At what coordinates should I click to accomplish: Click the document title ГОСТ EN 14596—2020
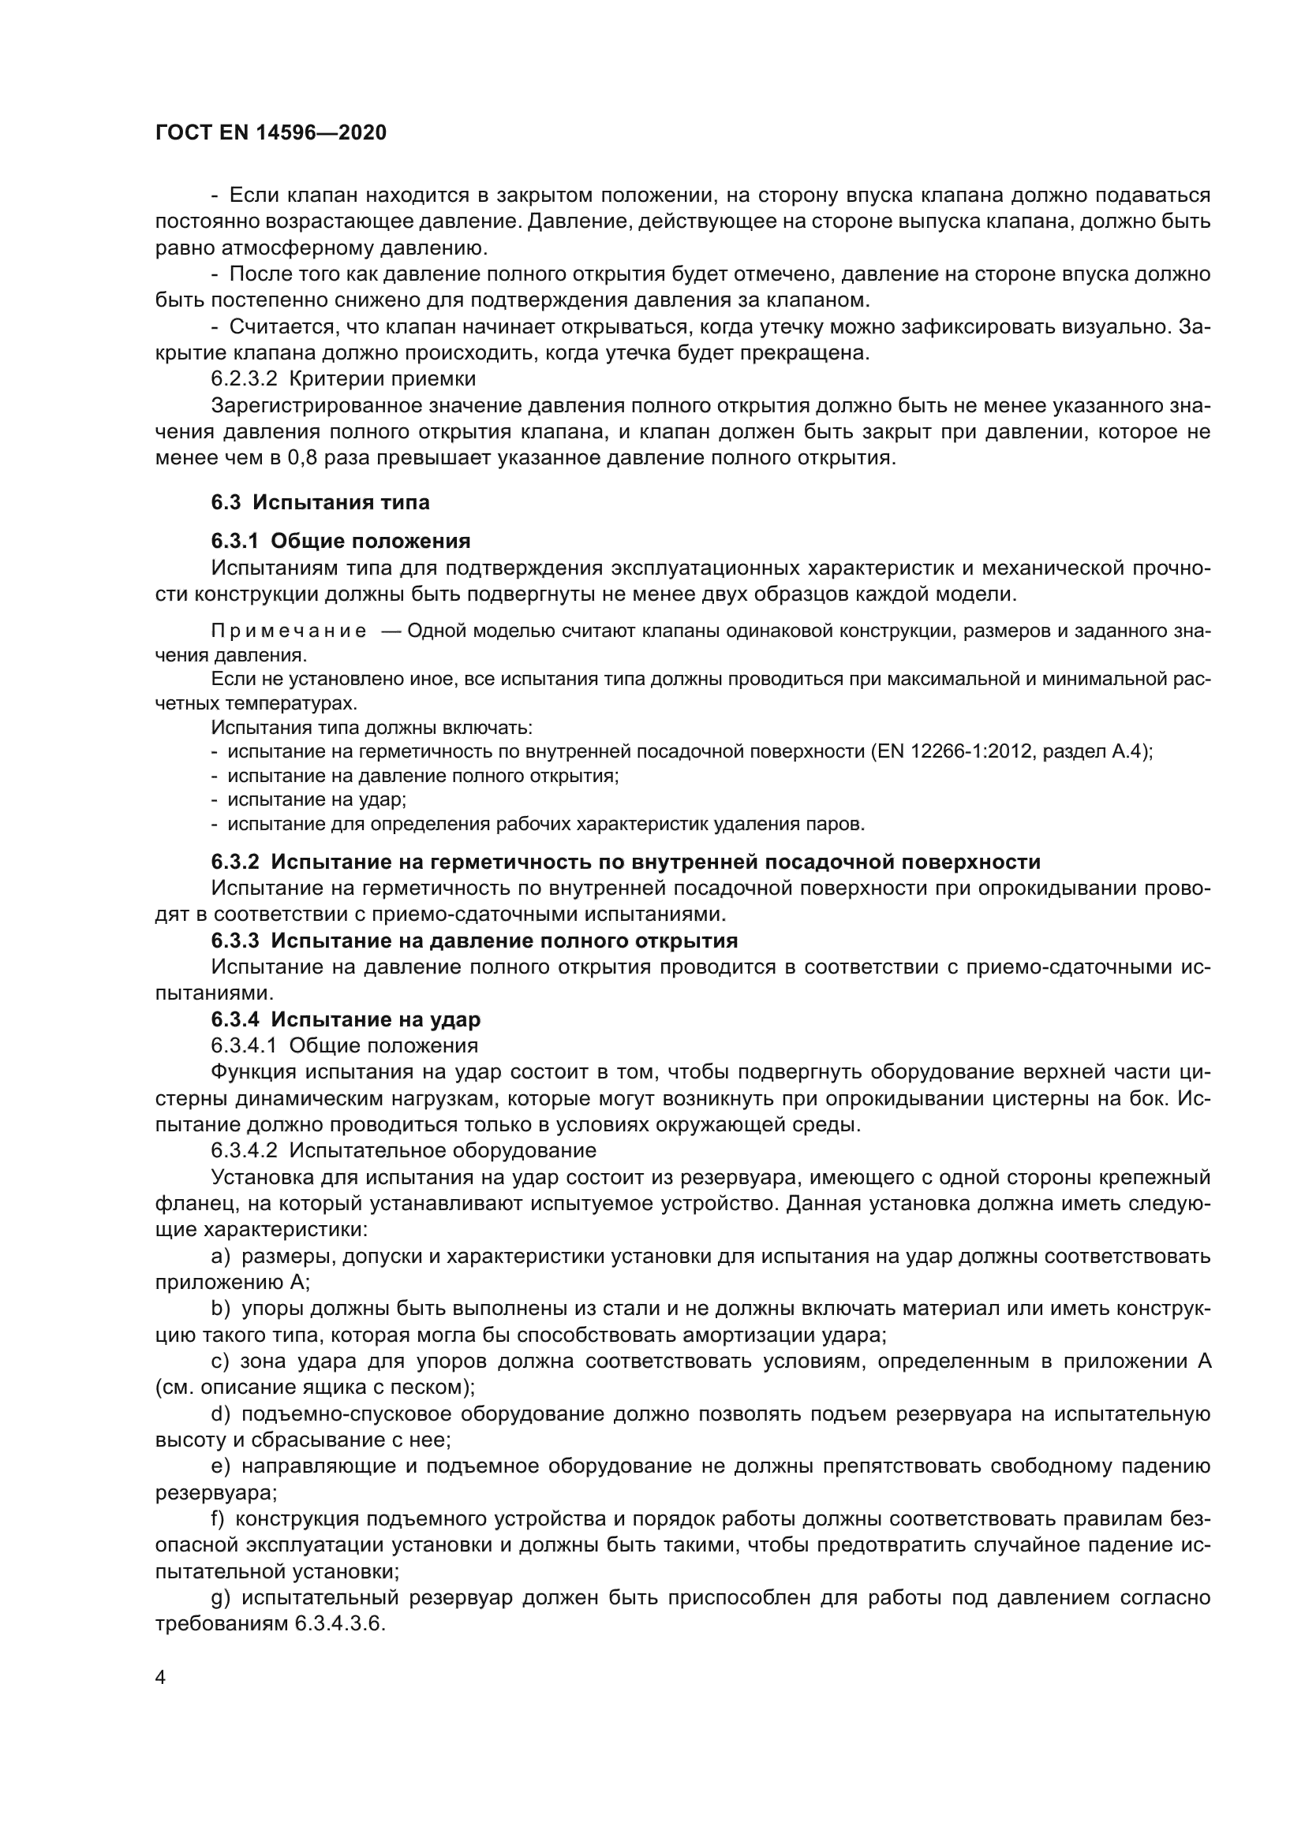tap(270, 132)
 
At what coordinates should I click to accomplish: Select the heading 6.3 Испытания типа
tap(320, 502)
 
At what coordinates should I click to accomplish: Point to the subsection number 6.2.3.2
tap(244, 378)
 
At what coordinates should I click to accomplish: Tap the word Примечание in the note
tap(289, 631)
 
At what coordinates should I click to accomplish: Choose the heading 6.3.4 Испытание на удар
tap(346, 1019)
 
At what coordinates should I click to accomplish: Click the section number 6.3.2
tap(234, 862)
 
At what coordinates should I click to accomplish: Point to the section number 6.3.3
tap(234, 941)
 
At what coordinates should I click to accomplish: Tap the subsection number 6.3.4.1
tap(244, 1045)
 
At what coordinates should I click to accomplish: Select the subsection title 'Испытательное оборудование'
tap(442, 1150)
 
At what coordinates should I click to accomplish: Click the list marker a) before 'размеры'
tap(220, 1255)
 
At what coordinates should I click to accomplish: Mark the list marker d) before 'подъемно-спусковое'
tap(220, 1414)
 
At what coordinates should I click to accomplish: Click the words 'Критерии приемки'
tap(382, 378)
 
